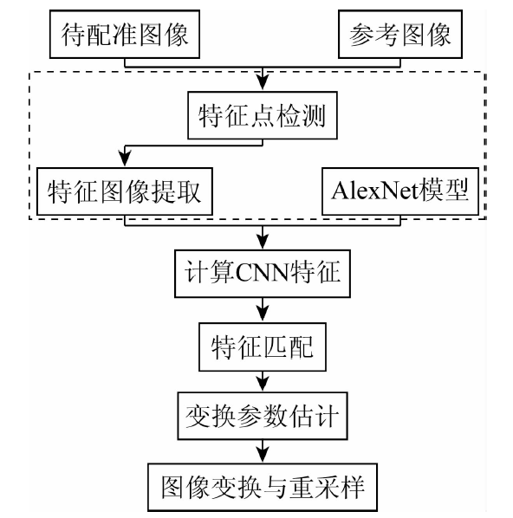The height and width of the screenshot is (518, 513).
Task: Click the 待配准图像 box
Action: click(x=125, y=35)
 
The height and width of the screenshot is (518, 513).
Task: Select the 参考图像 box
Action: click(x=400, y=35)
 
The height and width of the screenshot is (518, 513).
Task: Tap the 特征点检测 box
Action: click(x=263, y=115)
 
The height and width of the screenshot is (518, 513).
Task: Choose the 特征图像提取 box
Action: click(x=125, y=191)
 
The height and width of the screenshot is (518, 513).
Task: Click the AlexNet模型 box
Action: click(x=400, y=191)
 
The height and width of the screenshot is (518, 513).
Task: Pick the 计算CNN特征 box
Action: click(x=263, y=274)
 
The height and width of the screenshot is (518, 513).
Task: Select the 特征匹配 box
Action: click(x=263, y=346)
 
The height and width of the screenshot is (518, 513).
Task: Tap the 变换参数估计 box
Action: click(x=263, y=416)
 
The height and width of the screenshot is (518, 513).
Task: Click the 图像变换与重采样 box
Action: click(x=263, y=487)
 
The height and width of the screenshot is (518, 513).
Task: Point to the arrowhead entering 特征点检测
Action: click(x=263, y=82)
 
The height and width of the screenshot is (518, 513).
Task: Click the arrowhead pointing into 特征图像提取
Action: click(x=125, y=159)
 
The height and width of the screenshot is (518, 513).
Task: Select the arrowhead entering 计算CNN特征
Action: click(x=263, y=242)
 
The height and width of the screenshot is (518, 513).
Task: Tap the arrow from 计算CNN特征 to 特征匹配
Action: click(x=263, y=310)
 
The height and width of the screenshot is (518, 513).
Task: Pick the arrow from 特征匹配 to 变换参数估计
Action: click(x=263, y=381)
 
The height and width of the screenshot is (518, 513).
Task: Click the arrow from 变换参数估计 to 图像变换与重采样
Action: click(x=263, y=451)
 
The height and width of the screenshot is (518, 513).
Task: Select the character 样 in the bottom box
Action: click(x=353, y=487)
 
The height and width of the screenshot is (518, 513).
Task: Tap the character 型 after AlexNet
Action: click(x=457, y=191)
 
